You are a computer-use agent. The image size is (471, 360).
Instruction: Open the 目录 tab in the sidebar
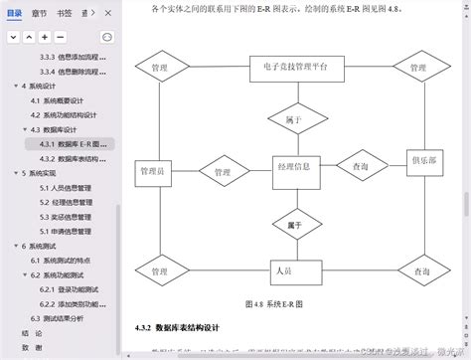click(x=14, y=13)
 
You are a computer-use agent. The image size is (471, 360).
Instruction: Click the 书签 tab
click(x=64, y=13)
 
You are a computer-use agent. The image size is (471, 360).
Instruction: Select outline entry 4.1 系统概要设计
click(x=61, y=101)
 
